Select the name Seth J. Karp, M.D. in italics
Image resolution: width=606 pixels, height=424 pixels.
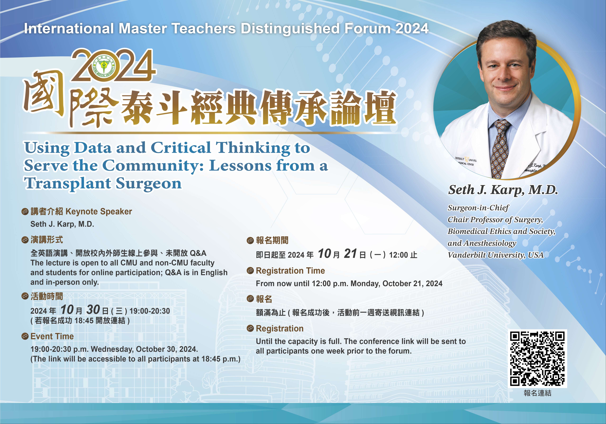pyautogui.click(x=503, y=190)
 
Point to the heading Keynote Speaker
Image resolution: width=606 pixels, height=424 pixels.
pyautogui.click(x=99, y=212)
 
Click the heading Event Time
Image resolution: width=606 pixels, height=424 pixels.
pyautogui.click(x=52, y=336)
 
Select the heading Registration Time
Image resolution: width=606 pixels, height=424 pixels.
pyautogui.click(x=290, y=271)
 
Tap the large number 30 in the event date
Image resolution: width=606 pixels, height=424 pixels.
pyautogui.click(x=93, y=310)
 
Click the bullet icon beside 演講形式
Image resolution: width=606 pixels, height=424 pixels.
pyautogui.click(x=25, y=240)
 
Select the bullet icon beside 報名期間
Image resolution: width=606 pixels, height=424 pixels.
pyautogui.click(x=250, y=241)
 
